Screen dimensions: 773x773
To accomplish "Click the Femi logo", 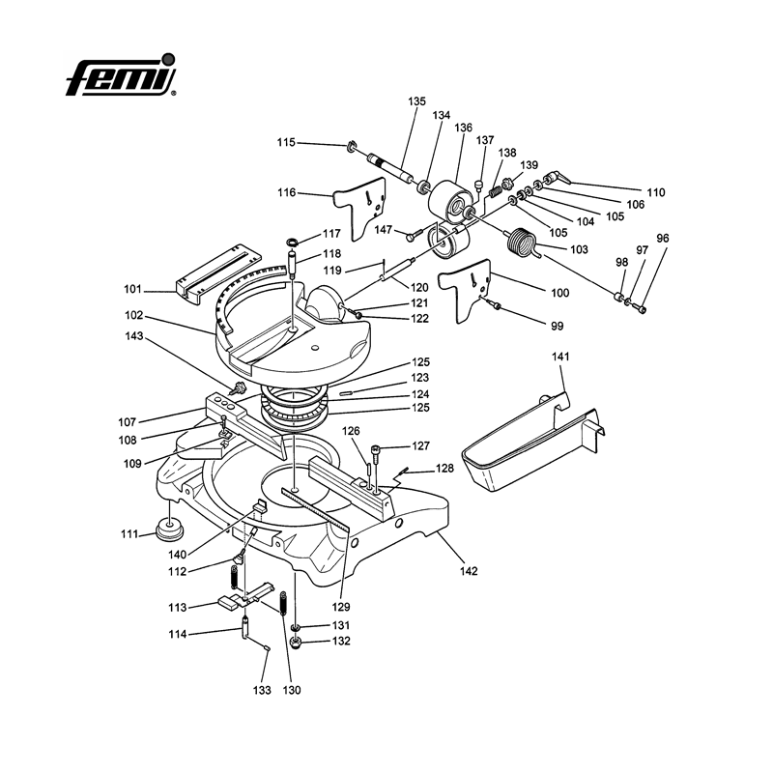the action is [x=122, y=74].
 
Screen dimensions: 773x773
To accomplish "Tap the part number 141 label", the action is [x=560, y=356].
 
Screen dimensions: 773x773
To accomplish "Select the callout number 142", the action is [x=469, y=570].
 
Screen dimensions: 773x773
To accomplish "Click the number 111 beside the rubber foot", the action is [x=129, y=533].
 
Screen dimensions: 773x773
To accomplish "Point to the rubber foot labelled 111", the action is [x=169, y=530].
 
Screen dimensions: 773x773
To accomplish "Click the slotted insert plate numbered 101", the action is [x=218, y=274].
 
